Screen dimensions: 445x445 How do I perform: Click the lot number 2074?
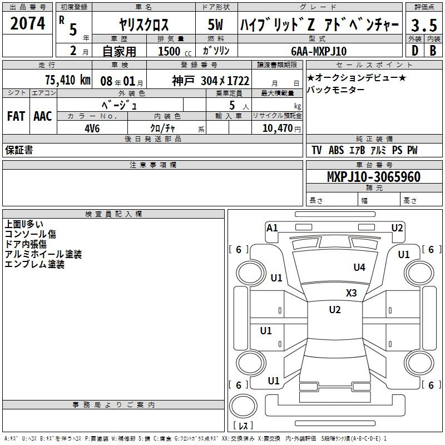[x=27, y=23]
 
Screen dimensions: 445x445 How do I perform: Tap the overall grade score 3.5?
[x=424, y=25]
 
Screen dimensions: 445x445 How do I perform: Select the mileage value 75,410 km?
[x=68, y=80]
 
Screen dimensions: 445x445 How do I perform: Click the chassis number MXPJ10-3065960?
[x=374, y=176]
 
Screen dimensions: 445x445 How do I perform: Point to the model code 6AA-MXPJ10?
[x=319, y=51]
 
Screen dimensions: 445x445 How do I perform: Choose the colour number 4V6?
[x=92, y=128]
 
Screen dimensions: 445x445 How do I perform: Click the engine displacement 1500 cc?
[x=175, y=51]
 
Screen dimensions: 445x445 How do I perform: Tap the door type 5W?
[x=215, y=24]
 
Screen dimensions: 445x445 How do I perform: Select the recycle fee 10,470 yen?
[x=281, y=128]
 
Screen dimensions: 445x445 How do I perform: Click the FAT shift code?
[x=16, y=116]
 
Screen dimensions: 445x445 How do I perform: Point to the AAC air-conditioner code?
[x=43, y=116]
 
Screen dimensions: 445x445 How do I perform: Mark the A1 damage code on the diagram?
[x=272, y=228]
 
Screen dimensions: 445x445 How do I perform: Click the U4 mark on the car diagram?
[x=359, y=267]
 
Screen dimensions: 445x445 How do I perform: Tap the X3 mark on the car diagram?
[x=352, y=293]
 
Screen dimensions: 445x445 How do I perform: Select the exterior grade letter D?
[x=415, y=51]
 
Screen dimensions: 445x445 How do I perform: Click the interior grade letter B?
[x=433, y=51]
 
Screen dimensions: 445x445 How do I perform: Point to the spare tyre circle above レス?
[x=243, y=406]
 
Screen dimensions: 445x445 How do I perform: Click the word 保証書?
[x=19, y=150]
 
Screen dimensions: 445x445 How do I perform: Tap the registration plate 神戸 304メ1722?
[x=211, y=81]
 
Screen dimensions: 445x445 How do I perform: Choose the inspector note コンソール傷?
[x=31, y=234]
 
